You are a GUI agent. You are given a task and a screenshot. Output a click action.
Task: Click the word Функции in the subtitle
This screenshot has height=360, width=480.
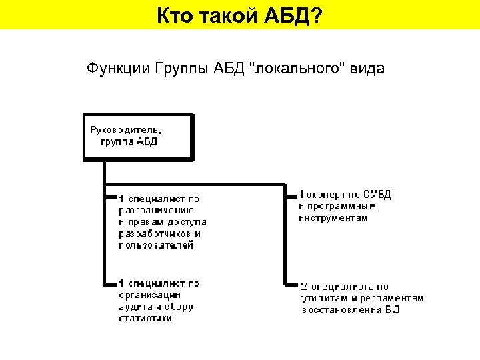[x=117, y=69]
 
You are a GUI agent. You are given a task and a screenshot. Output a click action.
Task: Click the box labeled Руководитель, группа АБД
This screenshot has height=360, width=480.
[x=137, y=137]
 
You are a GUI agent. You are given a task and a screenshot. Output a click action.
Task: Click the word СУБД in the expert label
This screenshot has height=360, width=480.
[x=378, y=195]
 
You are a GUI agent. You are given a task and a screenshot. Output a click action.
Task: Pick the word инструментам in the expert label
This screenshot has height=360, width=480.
[x=333, y=218]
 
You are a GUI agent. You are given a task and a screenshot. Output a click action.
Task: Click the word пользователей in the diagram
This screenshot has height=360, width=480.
[x=156, y=245]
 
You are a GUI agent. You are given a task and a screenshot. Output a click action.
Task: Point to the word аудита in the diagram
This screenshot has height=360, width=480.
[x=134, y=307]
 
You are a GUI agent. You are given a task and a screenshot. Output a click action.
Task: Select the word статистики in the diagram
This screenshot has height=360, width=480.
[x=145, y=319]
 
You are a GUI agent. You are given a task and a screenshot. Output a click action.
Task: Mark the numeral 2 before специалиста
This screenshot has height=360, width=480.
[x=304, y=287]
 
